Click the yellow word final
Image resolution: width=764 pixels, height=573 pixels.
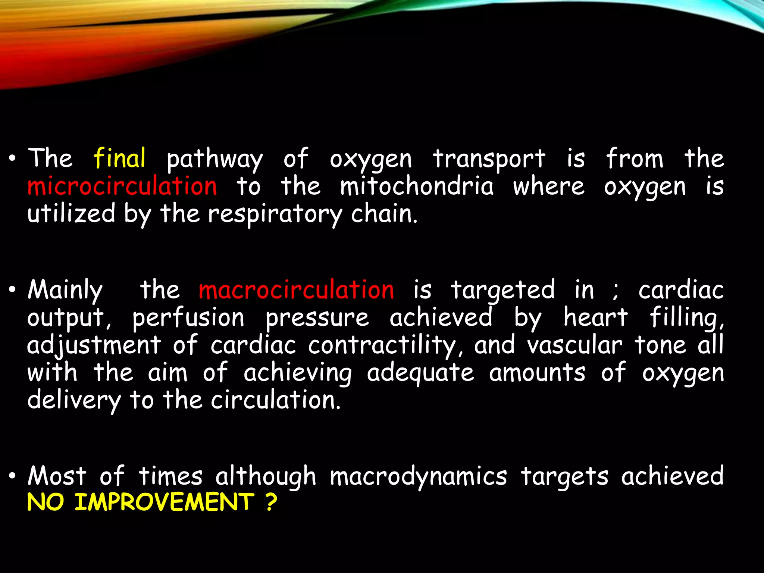pyautogui.click(x=119, y=158)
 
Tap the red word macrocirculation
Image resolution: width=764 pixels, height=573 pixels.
pyautogui.click(x=296, y=290)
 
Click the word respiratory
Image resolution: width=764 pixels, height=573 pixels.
pyautogui.click(x=275, y=215)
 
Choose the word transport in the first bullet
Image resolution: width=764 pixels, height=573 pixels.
pyautogui.click(x=489, y=159)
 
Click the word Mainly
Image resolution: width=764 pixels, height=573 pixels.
pyautogui.click(x=65, y=291)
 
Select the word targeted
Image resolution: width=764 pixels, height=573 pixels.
pyautogui.click(x=503, y=291)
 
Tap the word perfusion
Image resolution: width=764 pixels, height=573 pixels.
pyautogui.click(x=188, y=318)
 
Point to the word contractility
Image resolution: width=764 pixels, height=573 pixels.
pyautogui.click(x=385, y=345)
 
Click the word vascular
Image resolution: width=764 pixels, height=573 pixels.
pyautogui.click(x=575, y=345)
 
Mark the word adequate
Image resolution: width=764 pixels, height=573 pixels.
pyautogui.click(x=420, y=373)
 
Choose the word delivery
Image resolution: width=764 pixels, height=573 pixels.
pyautogui.click(x=74, y=401)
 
